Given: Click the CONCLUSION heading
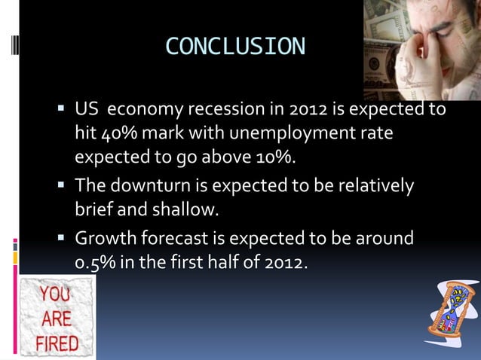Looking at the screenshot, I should coord(235,47).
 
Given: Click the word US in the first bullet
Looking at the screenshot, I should coord(85,111).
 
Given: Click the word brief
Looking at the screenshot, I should coord(93,209).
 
